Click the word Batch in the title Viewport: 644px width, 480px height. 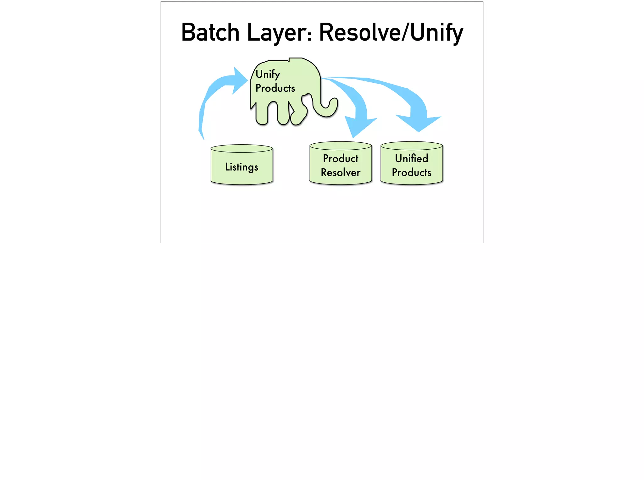point(210,33)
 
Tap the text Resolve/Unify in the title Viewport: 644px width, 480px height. point(391,33)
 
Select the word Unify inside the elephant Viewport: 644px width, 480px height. point(268,74)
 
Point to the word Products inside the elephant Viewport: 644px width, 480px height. point(275,88)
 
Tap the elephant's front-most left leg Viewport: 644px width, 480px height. point(262,115)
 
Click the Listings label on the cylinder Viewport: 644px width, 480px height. point(241,167)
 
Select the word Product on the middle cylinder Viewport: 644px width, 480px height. point(341,158)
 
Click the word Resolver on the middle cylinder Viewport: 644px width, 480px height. point(341,173)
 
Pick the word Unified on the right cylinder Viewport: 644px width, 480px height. point(411,158)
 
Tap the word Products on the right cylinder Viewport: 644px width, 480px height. point(411,173)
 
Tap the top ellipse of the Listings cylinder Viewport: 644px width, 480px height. point(241,148)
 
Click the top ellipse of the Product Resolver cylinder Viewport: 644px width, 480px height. point(341,146)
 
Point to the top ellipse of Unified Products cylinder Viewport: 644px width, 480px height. point(411,146)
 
